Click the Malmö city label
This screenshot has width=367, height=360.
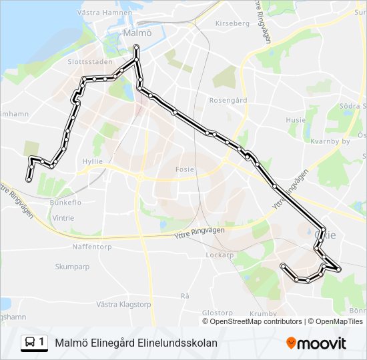point(138,33)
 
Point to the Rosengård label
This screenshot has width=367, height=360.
point(228,101)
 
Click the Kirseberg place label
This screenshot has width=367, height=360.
point(232,23)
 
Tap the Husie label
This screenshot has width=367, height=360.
point(295,120)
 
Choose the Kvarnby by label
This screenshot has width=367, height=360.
point(330,141)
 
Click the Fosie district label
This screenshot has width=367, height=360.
point(184,169)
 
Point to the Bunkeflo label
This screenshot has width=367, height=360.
point(65,202)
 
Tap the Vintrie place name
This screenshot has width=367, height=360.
point(63,218)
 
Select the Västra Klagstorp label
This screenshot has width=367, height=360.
point(123,304)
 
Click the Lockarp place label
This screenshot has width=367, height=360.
point(220,255)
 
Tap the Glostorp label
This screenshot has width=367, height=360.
point(217,312)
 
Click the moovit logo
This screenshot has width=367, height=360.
point(316,343)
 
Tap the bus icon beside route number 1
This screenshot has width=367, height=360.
point(31,343)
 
